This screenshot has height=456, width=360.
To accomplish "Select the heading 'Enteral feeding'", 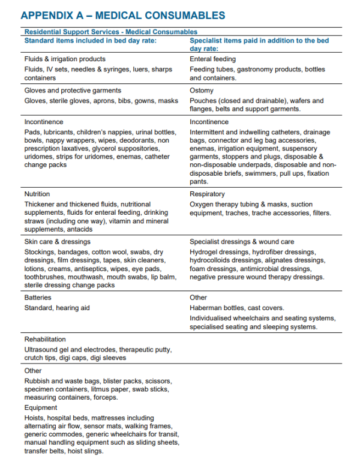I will [212, 59].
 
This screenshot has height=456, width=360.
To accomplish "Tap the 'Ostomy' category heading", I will [202, 91].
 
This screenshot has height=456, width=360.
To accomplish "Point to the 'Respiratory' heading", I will [208, 194].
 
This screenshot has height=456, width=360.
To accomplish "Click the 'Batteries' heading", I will [38, 298].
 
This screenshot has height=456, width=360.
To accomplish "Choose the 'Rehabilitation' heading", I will [45, 340].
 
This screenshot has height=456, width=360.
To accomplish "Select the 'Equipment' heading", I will [41, 408].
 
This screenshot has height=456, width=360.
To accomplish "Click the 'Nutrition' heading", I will [37, 194].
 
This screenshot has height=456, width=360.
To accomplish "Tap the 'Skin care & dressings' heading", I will [58, 242].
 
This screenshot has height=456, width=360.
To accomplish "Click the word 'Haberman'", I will [206, 308].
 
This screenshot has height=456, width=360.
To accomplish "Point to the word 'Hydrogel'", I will [205, 252].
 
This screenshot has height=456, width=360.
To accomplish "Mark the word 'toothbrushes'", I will [45, 277].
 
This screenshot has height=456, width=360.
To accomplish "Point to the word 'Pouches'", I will [203, 101].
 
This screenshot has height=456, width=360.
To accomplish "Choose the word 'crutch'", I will [34, 358].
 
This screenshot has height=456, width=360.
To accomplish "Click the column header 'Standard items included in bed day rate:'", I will [90, 41].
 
